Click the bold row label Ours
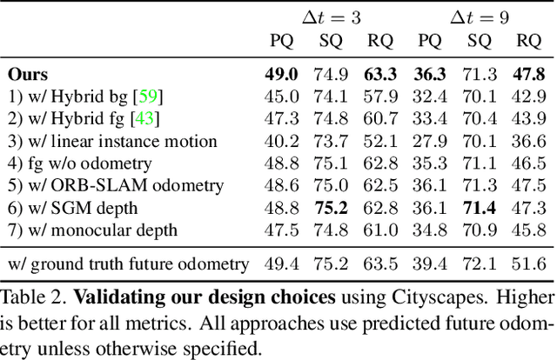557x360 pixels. click(x=28, y=74)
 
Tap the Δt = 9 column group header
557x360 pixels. click(x=480, y=17)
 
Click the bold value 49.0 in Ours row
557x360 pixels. click(x=282, y=74)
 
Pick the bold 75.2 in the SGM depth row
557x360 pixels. click(x=332, y=208)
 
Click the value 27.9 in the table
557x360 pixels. click(x=430, y=141)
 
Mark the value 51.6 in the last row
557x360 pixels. click(x=529, y=263)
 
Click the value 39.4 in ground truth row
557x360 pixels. click(x=430, y=263)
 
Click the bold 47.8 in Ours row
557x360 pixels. click(x=529, y=74)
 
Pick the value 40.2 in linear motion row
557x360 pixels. click(x=282, y=141)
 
